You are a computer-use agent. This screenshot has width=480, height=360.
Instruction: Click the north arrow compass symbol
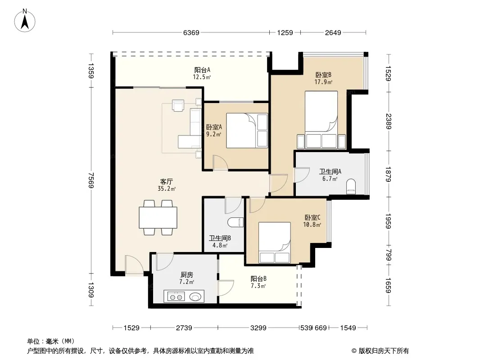(x=25, y=21)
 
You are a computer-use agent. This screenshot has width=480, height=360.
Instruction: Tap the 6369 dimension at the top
(x=191, y=32)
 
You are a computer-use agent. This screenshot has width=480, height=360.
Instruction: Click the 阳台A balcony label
(x=202, y=70)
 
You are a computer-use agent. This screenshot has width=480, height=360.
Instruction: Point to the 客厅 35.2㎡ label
(x=167, y=185)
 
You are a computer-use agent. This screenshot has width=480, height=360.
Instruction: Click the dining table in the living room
(x=158, y=217)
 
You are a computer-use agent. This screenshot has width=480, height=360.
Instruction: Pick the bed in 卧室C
(x=275, y=243)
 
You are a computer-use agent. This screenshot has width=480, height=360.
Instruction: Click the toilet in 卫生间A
(x=351, y=187)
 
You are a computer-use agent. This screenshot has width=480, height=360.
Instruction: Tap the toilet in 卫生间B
(x=235, y=222)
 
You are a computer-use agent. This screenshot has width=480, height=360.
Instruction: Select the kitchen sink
(x=195, y=297)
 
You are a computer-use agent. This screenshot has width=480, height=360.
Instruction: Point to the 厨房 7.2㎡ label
(x=186, y=279)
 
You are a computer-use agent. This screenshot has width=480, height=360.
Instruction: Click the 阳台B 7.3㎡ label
(x=258, y=282)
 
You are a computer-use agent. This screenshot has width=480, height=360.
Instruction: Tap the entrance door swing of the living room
(x=134, y=265)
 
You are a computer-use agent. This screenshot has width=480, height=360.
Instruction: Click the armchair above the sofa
(x=178, y=105)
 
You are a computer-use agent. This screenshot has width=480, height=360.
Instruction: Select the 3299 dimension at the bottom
(x=258, y=328)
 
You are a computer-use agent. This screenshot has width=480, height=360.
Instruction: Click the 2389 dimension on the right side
(x=389, y=121)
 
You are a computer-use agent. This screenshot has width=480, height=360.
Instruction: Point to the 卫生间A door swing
(x=301, y=175)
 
